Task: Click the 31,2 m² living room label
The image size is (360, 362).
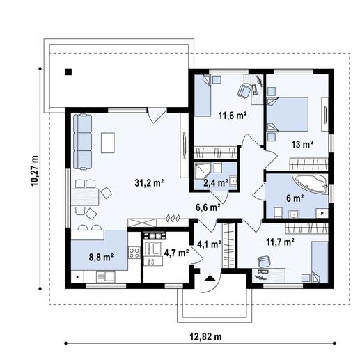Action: click(148, 182)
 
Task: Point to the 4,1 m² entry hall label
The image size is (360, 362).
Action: click(209, 244)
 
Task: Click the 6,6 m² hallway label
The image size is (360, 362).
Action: click(208, 207)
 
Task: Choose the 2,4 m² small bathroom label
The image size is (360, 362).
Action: click(215, 182)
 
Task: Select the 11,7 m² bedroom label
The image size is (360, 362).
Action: click(279, 242)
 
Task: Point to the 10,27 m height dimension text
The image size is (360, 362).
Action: click(34, 171)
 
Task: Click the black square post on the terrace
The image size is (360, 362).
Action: click(68, 71)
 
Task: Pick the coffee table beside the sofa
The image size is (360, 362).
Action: click(108, 142)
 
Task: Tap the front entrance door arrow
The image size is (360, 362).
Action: click(208, 282)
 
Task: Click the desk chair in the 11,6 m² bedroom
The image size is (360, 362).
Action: click(244, 90)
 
